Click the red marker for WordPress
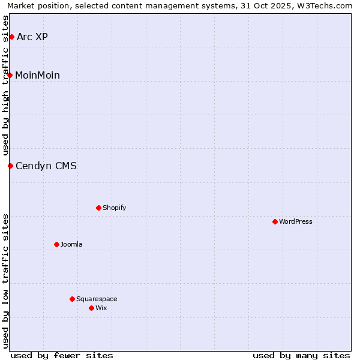click(275, 221)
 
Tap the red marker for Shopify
click(98, 208)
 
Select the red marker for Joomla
click(56, 244)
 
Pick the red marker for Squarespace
click(72, 299)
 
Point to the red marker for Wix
click(91, 308)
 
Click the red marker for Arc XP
click(11, 37)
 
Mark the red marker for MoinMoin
click(10, 75)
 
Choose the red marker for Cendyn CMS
click(10, 166)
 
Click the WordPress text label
click(296, 221)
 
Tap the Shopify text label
click(115, 208)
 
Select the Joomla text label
click(71, 244)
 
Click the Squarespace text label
click(97, 299)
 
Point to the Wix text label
click(101, 308)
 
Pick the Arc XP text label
click(32, 37)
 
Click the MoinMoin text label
click(37, 75)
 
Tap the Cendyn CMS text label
click(46, 166)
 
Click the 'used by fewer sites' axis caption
click(62, 355)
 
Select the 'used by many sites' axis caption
click(301, 355)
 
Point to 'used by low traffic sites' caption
click(6, 280)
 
